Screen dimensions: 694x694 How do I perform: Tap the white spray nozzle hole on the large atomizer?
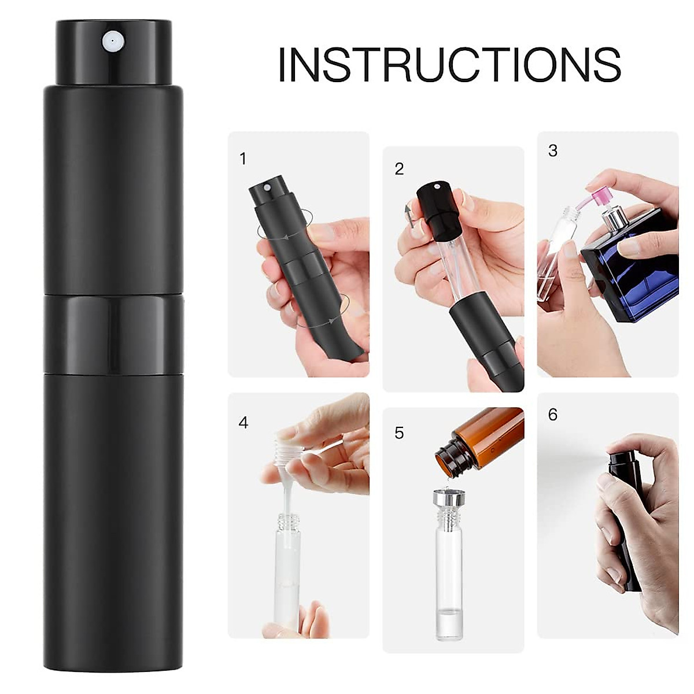pyautogui.click(x=110, y=40)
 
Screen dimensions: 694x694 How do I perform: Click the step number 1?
pyautogui.click(x=243, y=158)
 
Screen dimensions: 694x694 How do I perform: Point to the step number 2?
pyautogui.click(x=399, y=169)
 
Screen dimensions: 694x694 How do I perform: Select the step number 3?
pyautogui.click(x=553, y=151)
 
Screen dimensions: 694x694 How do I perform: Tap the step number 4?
pyautogui.click(x=243, y=423)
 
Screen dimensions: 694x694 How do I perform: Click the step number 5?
pyautogui.click(x=399, y=433)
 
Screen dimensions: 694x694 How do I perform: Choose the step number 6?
pyautogui.click(x=553, y=415)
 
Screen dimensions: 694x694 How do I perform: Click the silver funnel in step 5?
pyautogui.click(x=448, y=497)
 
